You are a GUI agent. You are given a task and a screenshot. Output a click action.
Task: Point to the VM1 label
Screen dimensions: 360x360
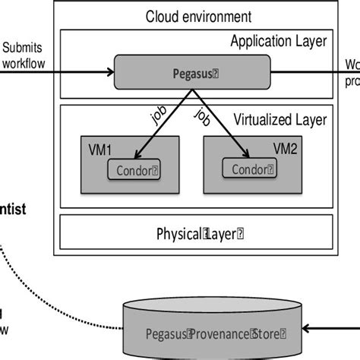click(x=98, y=144)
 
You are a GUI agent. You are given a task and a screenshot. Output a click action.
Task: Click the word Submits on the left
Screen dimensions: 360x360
click(x=18, y=46)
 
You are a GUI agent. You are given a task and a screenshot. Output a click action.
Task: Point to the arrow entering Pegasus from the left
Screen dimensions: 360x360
click(x=61, y=74)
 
